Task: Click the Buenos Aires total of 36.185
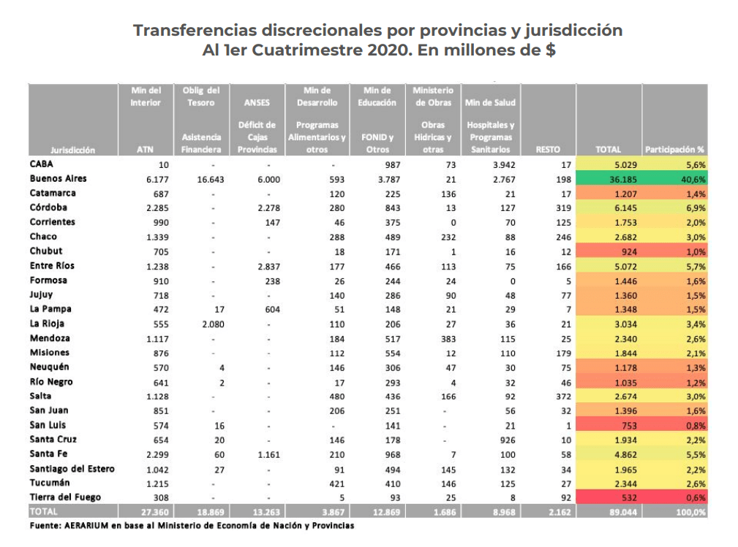coord(622,180)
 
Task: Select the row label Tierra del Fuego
coord(65,497)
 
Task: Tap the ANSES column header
coord(257,102)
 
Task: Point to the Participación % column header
coord(674,150)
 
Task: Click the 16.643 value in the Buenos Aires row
coord(211,180)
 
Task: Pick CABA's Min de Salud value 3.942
coord(504,165)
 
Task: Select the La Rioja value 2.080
coord(213,324)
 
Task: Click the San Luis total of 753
coord(629,426)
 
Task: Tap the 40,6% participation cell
coord(693,180)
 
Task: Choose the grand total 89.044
coord(622,512)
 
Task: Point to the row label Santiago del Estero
coord(72,469)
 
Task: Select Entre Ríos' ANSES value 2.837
coord(268,267)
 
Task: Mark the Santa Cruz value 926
coord(508,440)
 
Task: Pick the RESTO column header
coord(548,150)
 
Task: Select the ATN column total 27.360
coord(155,512)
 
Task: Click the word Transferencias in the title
coord(195,30)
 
